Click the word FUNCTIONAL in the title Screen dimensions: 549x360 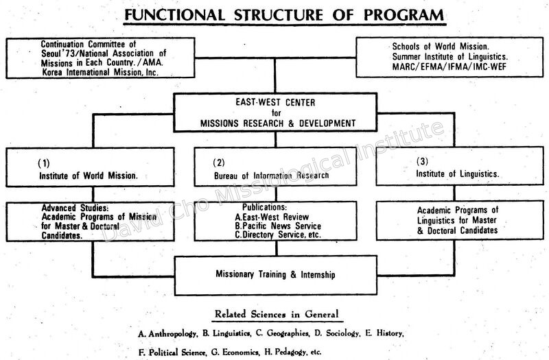point(174,15)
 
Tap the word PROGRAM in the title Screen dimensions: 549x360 point(404,15)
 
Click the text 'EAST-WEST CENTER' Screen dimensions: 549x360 point(275,102)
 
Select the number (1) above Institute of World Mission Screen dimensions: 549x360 point(44,163)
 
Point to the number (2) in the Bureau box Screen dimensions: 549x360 point(219,163)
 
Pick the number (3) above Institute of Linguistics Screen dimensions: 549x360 point(422,161)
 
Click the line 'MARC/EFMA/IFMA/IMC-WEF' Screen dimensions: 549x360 point(449,67)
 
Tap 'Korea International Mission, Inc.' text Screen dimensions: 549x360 point(100,73)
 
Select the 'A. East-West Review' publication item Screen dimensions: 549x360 point(272,217)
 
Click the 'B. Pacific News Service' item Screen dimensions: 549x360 point(278,226)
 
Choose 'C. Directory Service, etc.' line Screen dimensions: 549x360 point(278,235)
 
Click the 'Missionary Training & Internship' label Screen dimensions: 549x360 point(275,274)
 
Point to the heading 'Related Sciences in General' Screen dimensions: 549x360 point(277,314)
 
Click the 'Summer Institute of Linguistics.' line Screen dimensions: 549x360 point(450,57)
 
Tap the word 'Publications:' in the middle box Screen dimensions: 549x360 point(264,208)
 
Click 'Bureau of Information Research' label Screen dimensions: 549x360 point(271,176)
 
